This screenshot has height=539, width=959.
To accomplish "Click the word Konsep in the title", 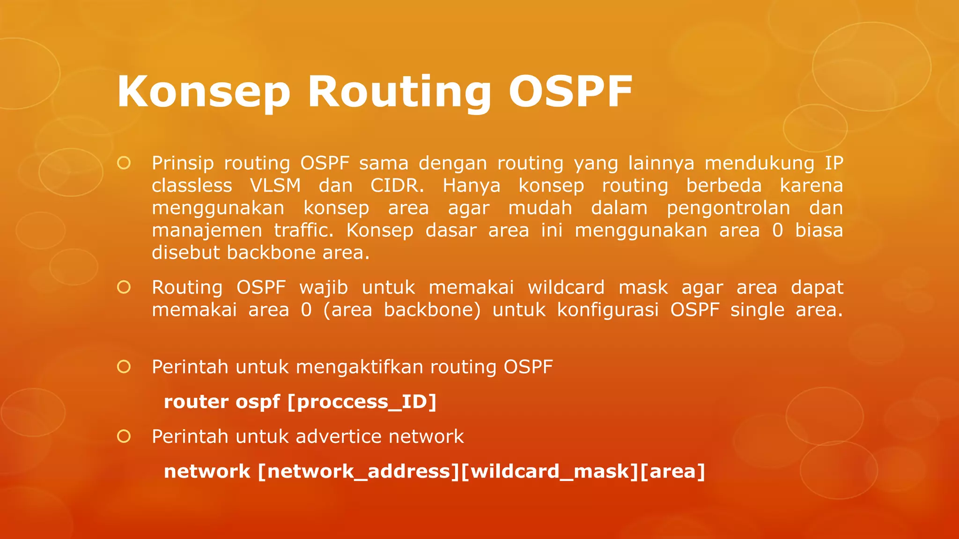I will click(x=204, y=92).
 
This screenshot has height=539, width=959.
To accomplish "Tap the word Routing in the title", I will click(x=399, y=92).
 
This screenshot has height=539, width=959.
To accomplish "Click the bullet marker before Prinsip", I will click(x=124, y=163).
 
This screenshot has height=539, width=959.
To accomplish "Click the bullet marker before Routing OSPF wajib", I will click(x=124, y=287).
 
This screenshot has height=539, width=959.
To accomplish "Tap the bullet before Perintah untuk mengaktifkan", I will click(x=124, y=366).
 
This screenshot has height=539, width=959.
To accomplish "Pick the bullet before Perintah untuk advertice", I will click(x=124, y=436).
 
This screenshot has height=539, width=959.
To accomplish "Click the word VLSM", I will click(x=275, y=186).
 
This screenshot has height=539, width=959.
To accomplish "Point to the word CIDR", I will click(x=397, y=186).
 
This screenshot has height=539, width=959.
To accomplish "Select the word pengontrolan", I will click(x=728, y=208).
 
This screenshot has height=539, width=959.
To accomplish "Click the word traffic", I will click(x=303, y=230).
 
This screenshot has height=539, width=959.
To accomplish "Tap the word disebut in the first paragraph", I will click(x=186, y=253).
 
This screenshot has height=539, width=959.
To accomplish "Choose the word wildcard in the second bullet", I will click(x=566, y=287).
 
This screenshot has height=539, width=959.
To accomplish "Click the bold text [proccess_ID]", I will click(x=362, y=402).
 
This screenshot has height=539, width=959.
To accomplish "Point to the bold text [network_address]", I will click(x=359, y=471).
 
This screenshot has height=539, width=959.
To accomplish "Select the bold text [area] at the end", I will click(x=672, y=471).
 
